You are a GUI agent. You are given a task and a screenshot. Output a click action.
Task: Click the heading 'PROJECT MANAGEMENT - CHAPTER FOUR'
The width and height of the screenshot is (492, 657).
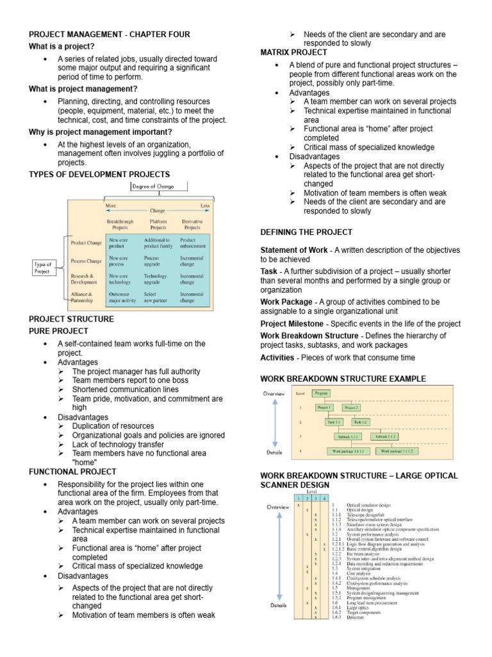point(110,34)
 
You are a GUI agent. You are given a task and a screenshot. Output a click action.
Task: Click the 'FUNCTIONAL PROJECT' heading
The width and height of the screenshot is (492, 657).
point(72,454)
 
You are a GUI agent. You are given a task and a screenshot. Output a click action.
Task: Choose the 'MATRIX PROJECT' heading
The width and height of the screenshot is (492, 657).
point(293,52)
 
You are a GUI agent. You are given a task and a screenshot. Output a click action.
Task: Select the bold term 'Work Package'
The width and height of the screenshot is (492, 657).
point(286,302)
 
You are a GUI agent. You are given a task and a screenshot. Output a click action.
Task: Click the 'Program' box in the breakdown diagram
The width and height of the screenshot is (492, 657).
point(322,393)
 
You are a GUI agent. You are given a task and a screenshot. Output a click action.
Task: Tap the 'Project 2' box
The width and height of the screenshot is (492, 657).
point(352,407)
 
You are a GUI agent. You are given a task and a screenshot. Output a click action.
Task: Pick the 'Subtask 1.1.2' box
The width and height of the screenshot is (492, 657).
point(391,436)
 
